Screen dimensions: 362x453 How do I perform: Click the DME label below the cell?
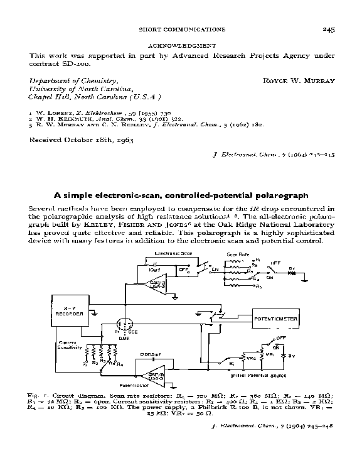point(124,337)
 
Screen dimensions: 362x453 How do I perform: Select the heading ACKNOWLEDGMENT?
point(181,46)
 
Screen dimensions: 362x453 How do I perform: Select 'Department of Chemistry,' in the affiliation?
point(74,81)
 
